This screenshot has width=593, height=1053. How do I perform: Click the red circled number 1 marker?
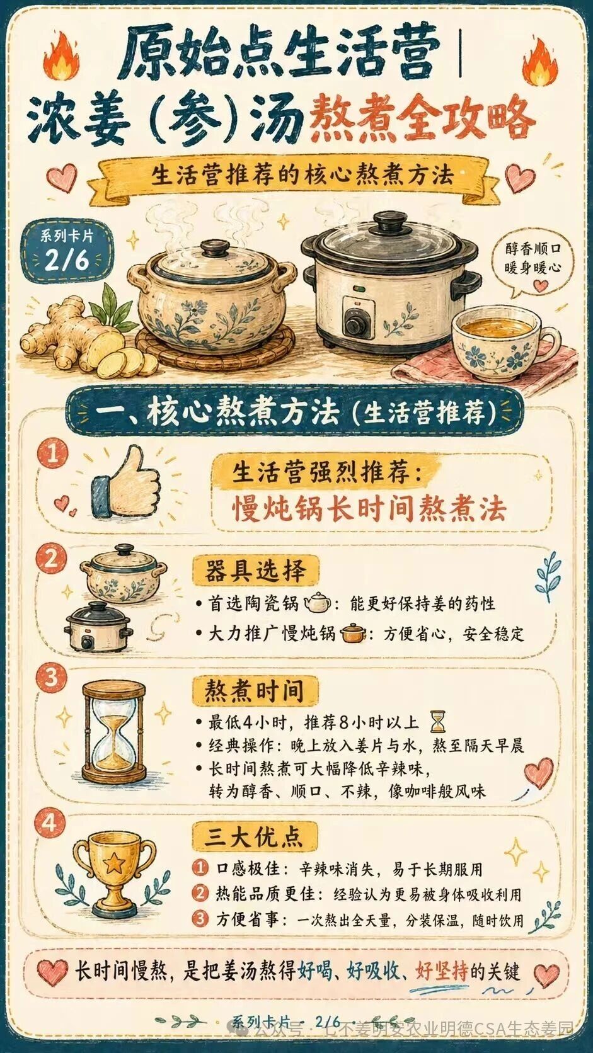pyautogui.click(x=53, y=455)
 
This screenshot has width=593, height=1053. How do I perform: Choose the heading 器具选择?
pyautogui.click(x=255, y=571)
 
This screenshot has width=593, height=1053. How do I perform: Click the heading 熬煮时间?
pyautogui.click(x=255, y=692)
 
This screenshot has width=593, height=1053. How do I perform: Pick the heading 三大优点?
pyautogui.click(x=255, y=836)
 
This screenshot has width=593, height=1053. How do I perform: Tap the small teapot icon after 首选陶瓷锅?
pyautogui.click(x=318, y=603)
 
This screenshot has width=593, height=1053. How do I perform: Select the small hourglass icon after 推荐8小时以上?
pyautogui.click(x=438, y=722)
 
